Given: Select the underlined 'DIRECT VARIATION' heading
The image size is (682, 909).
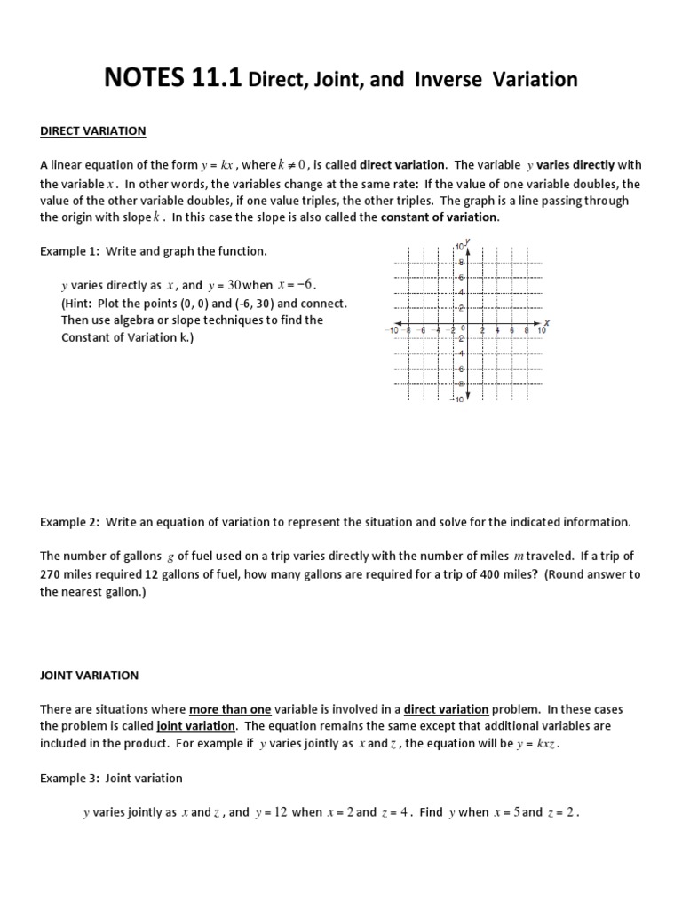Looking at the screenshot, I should tap(93, 130).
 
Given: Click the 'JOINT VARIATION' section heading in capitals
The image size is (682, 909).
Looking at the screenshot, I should tap(89, 675).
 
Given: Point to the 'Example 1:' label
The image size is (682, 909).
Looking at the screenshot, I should tap(70, 251).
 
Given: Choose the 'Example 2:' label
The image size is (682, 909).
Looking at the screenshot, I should tap(70, 522).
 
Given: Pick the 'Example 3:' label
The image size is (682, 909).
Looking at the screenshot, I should tap(70, 778).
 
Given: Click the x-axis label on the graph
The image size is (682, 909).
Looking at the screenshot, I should tap(546, 321).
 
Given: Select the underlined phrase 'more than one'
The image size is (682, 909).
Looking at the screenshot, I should tap(224, 709).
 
